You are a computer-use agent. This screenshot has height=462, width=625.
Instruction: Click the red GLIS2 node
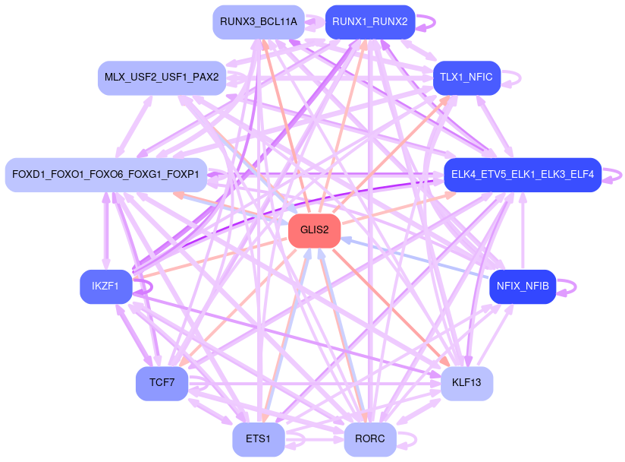[314, 230]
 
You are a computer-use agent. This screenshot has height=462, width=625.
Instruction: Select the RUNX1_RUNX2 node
[369, 21]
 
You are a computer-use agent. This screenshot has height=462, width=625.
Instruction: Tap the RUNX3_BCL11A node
[259, 21]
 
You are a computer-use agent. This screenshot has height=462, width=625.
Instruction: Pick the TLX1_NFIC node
[466, 78]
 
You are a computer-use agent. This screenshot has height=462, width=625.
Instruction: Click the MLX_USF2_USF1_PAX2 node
[162, 78]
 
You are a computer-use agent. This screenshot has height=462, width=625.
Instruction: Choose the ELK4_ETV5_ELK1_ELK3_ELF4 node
[522, 175]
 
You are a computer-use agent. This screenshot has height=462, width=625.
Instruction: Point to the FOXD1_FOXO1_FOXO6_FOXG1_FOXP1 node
[105, 175]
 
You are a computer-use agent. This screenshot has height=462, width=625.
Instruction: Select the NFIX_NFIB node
[522, 286]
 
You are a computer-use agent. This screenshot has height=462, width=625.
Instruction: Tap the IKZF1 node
[105, 286]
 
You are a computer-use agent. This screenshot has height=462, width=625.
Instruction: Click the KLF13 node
[466, 383]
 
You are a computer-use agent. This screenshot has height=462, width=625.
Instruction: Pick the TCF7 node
[162, 383]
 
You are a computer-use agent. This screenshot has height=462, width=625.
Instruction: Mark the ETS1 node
[259, 439]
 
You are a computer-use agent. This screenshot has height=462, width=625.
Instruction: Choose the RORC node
[369, 439]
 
